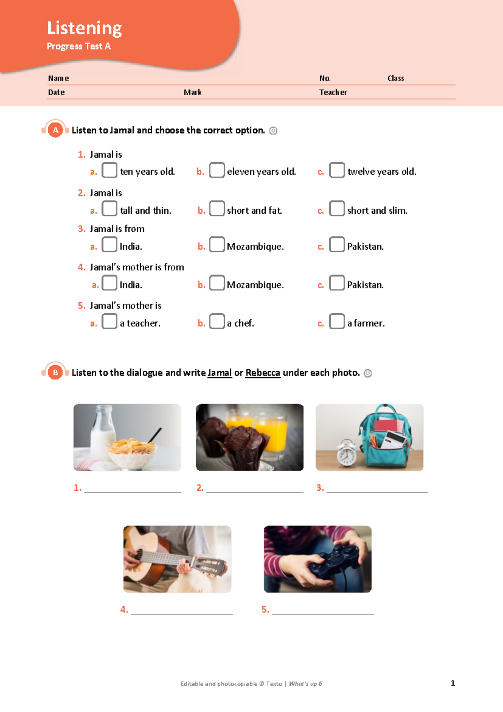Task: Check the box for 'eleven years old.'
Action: point(217,170)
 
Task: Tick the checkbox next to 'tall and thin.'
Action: point(109,209)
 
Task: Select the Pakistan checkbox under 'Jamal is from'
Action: point(337,244)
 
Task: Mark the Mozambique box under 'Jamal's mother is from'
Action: point(217,283)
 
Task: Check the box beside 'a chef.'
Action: point(217,321)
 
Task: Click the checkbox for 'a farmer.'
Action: point(337,321)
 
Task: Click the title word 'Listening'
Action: point(84,28)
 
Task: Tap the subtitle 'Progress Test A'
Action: point(78,46)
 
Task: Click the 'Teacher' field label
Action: point(333,92)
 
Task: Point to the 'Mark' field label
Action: point(192,92)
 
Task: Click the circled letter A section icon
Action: point(55,130)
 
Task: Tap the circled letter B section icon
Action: point(55,372)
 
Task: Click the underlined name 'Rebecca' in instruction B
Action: point(262,373)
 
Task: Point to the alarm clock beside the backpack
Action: point(347,453)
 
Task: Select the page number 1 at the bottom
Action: point(453,683)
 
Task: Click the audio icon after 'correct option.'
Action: point(273,131)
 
